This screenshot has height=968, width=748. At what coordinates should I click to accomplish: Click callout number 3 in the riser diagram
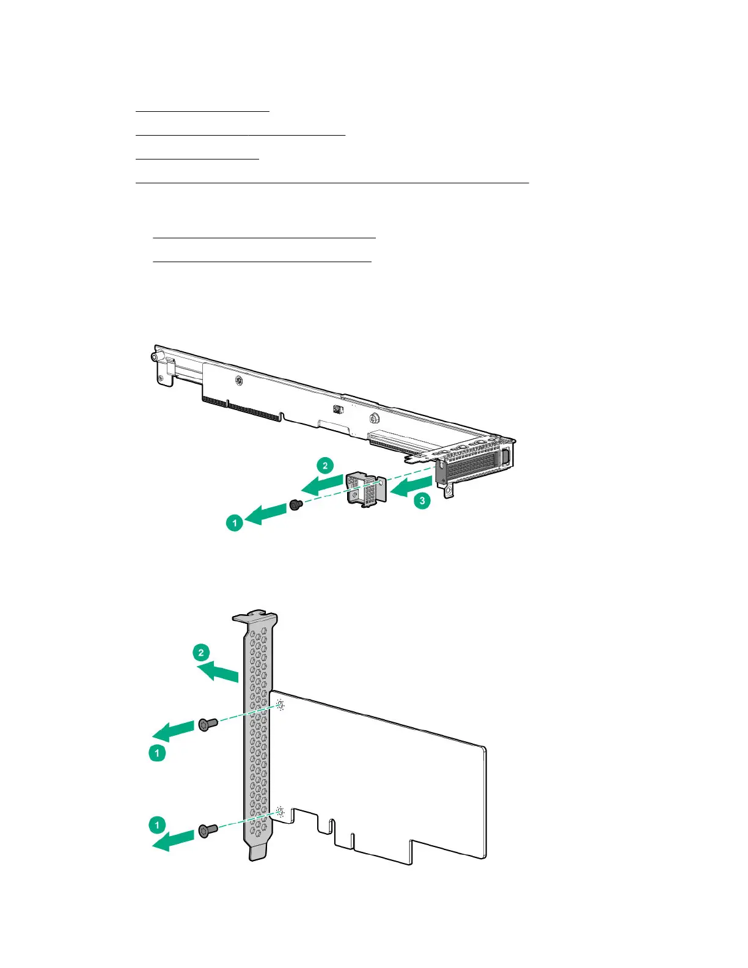pos(422,501)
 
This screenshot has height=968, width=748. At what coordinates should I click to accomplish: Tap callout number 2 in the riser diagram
pos(325,466)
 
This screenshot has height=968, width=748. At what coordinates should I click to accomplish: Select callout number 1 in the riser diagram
pos(235,523)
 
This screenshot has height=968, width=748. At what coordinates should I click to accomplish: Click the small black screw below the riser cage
pos(296,505)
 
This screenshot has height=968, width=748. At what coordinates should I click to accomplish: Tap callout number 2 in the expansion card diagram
pos(201,653)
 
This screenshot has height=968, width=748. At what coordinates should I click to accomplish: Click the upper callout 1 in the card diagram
pos(157,752)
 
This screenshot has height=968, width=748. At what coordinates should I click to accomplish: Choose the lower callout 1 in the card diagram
pos(157,825)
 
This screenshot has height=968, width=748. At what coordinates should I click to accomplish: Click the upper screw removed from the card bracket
pos(207,725)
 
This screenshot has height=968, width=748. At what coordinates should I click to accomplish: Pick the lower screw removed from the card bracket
pos(207,831)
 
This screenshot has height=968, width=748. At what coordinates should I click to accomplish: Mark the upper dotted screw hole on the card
pos(280,706)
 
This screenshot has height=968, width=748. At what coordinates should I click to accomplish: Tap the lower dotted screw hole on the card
pos(280,812)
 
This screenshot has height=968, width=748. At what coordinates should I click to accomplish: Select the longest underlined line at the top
pos(332,182)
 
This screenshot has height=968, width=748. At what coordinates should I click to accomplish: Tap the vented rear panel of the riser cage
pos(473,468)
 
